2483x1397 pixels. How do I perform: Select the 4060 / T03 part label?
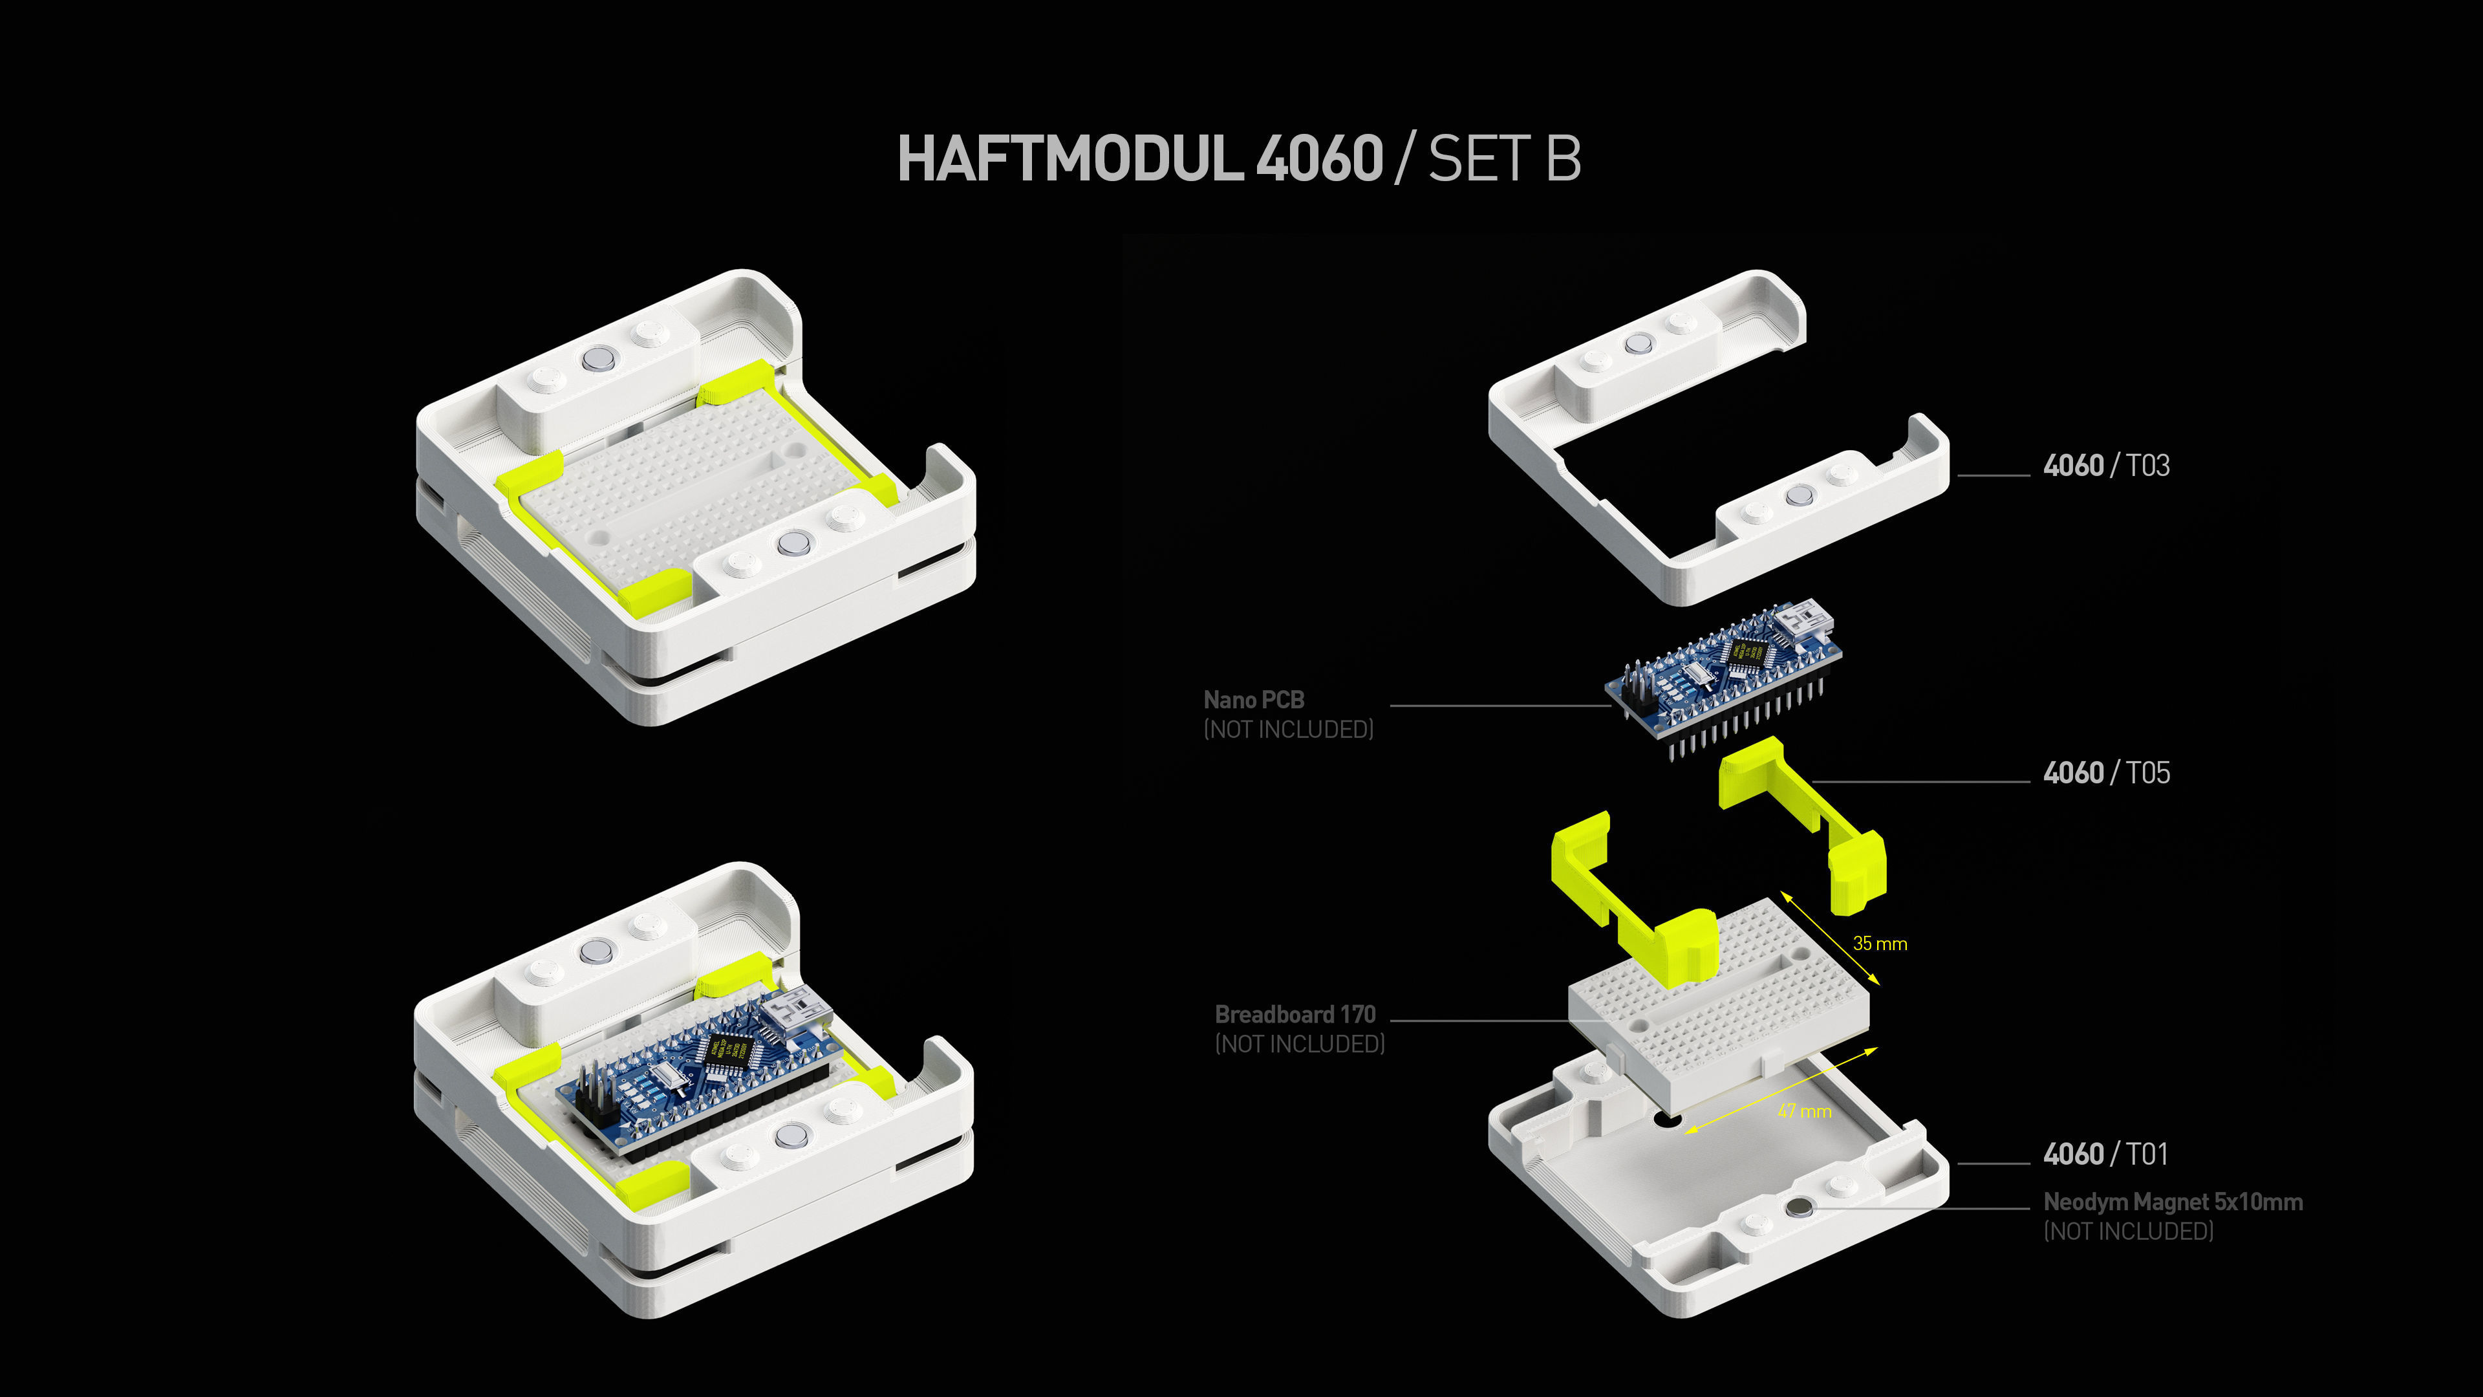pos(2106,466)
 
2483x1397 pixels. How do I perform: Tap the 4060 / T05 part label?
pos(2106,774)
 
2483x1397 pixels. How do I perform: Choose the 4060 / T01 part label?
pos(2105,1154)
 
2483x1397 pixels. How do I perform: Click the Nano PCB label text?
pos(1253,700)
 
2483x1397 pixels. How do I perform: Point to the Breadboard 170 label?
pos(1295,1014)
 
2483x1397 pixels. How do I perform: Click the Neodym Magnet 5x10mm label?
pos(2173,1202)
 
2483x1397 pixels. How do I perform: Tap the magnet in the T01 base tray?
pos(1799,1207)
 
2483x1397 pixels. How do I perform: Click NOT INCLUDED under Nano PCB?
pos(1288,730)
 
